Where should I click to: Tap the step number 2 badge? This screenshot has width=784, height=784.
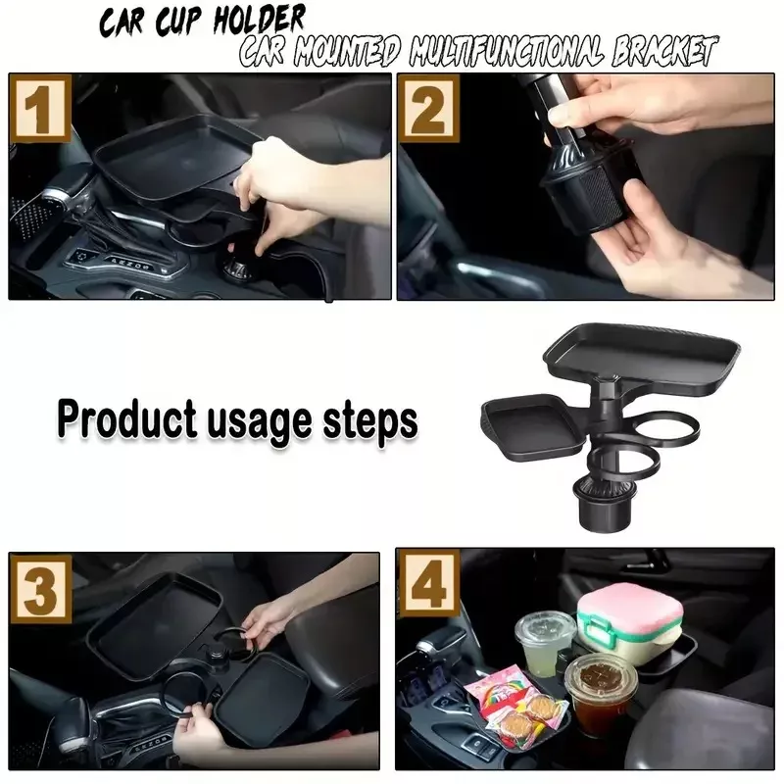[428, 109]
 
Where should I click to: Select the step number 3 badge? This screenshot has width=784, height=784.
[41, 590]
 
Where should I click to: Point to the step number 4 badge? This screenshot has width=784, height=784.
[429, 583]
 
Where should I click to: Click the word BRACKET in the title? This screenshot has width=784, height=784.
[663, 51]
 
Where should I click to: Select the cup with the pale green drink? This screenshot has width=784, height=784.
[546, 643]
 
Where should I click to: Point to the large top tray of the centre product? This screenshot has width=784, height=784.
[642, 357]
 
